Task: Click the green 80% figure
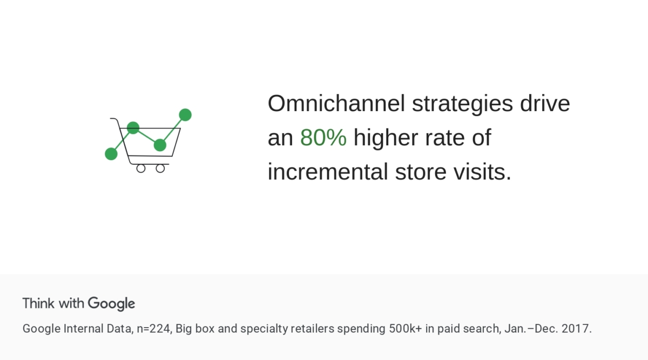[323, 138]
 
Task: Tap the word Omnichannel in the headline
[336, 104]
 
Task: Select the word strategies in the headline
[462, 104]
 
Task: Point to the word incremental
[327, 172]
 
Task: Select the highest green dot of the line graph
[185, 114]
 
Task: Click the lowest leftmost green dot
[111, 154]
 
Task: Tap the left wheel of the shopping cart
[141, 168]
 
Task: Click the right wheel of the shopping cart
[160, 168]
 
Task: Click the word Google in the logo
[111, 303]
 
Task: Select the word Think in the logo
[39, 303]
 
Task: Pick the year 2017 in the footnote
[578, 329]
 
